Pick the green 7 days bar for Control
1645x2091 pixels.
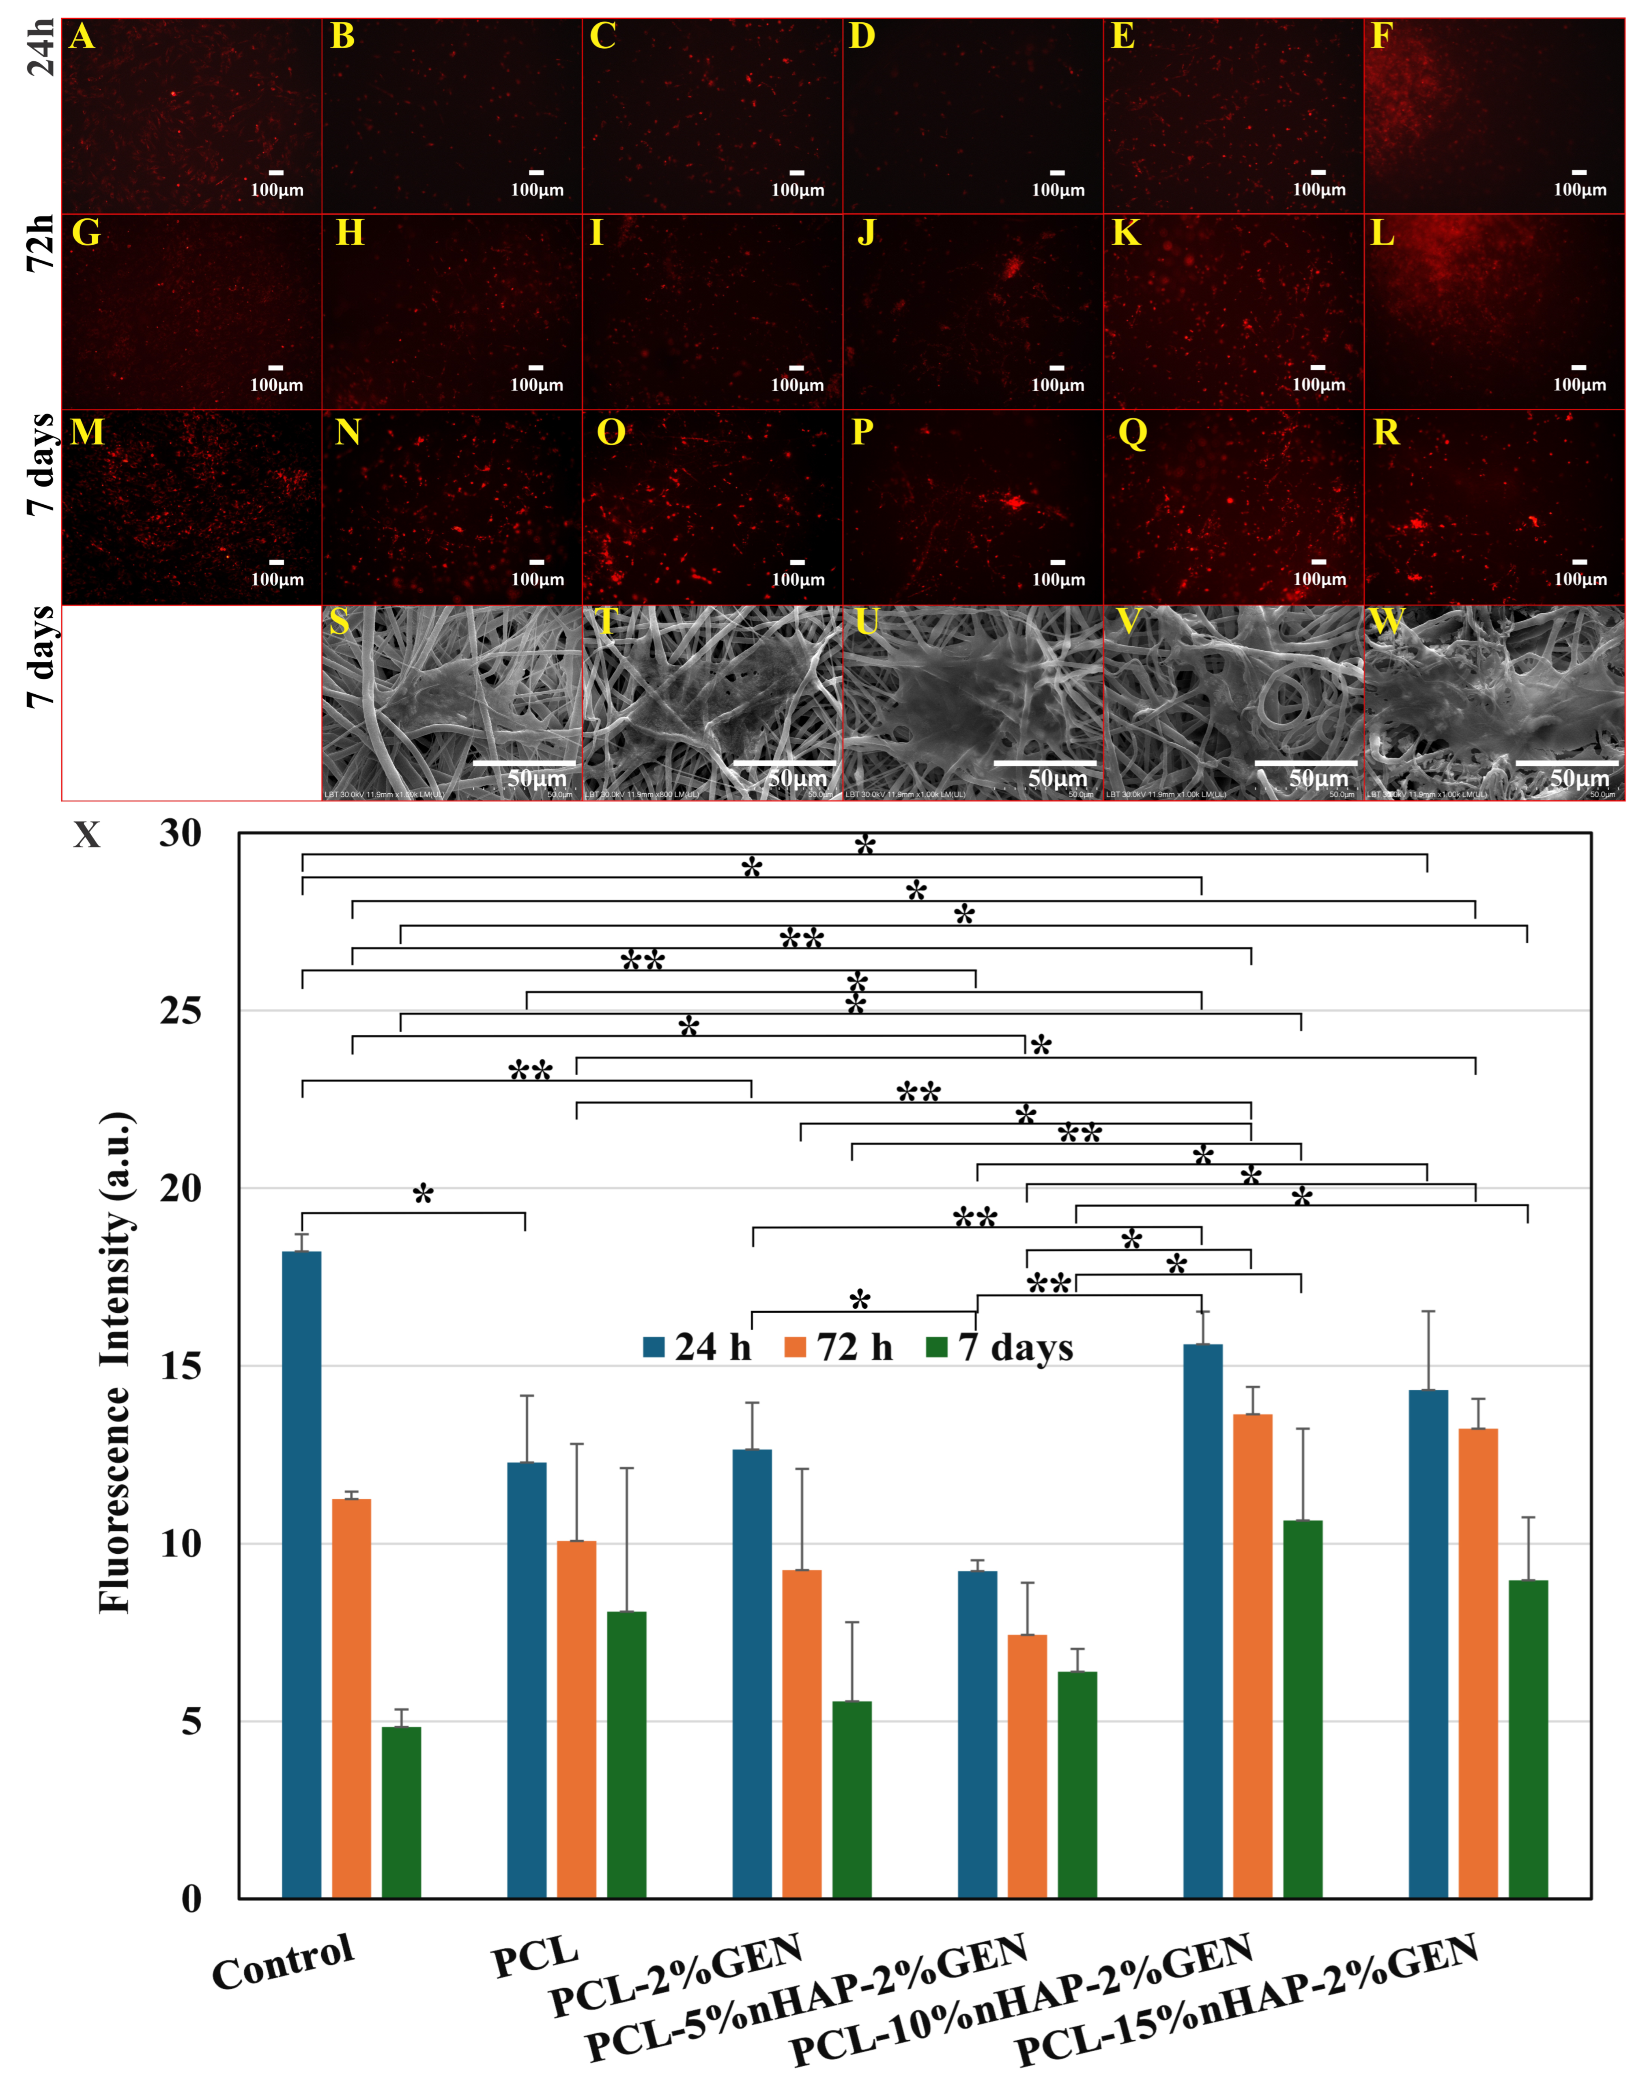[402, 1811]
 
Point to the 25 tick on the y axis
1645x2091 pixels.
[181, 1010]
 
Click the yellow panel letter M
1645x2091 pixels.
[87, 433]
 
